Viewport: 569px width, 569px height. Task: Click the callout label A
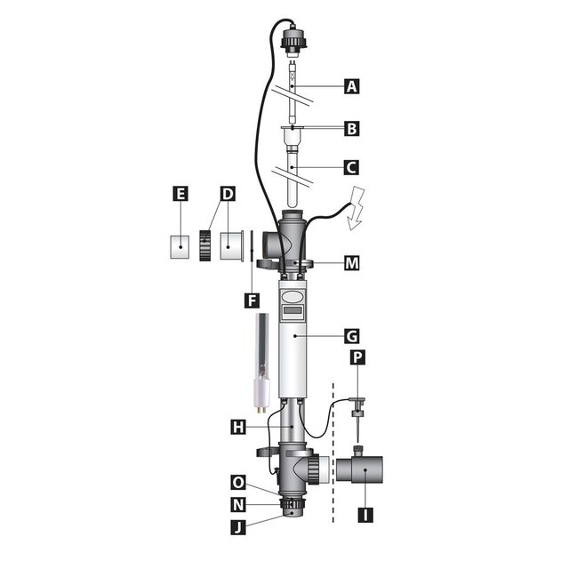pyautogui.click(x=352, y=86)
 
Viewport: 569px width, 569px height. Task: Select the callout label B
pyautogui.click(x=352, y=129)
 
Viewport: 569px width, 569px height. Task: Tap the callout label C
pyautogui.click(x=352, y=166)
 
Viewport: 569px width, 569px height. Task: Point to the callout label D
pyautogui.click(x=228, y=193)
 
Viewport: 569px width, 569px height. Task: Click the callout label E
pyautogui.click(x=180, y=193)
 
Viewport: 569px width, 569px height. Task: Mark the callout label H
pyautogui.click(x=237, y=428)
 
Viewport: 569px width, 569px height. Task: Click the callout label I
pyautogui.click(x=364, y=514)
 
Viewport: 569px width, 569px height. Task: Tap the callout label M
pyautogui.click(x=352, y=262)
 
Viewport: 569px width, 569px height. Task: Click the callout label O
pyautogui.click(x=237, y=483)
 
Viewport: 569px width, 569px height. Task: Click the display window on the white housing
pyautogui.click(x=293, y=312)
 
